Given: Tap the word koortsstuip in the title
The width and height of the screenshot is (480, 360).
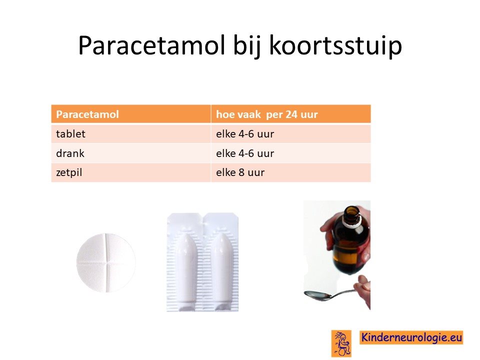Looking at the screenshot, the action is coord(335,46).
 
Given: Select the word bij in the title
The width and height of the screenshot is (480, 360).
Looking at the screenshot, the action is coord(246,46).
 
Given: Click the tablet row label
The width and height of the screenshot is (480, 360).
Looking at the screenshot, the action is coord(70,134).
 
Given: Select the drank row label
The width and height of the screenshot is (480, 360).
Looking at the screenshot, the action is coord(70,153).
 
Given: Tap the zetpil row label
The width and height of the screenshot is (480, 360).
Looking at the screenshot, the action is coord(69,172).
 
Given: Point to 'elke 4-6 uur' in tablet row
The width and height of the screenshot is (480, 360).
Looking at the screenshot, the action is coord(245,134).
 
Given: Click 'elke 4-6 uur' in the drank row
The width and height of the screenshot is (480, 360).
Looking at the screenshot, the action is coord(245,153).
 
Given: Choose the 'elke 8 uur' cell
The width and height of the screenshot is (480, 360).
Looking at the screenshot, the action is coord(240,172).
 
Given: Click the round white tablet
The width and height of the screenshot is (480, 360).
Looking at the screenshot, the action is coord(106,262).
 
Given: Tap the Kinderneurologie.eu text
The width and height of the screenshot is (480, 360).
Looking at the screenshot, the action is coord(411,337).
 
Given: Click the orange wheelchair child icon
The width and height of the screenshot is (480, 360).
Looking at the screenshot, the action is coord(341,343).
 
